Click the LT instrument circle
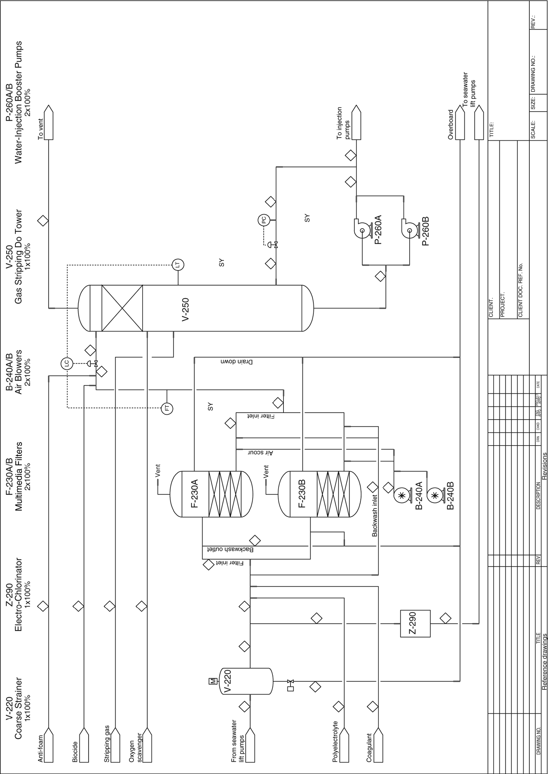(x=178, y=264)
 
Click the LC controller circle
(x=66, y=363)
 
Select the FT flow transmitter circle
(x=167, y=408)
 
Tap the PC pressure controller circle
(x=263, y=220)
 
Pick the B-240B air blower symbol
(x=434, y=495)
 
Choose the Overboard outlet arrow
(x=460, y=122)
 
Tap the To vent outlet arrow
(x=49, y=122)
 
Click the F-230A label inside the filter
(x=195, y=494)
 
